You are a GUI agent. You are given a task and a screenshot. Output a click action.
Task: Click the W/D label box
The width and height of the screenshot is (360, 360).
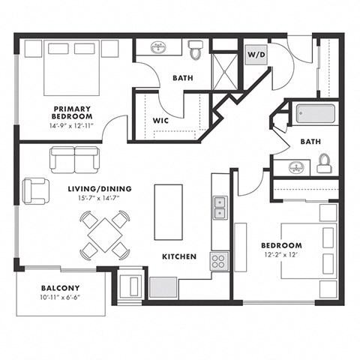point(255,55)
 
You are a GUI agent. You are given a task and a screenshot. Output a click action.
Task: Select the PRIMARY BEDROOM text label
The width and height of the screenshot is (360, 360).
point(73,112)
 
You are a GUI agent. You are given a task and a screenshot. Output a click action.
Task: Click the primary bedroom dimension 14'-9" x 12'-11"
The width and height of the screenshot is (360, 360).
point(73,126)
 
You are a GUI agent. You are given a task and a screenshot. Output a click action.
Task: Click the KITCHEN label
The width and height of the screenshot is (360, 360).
point(179,256)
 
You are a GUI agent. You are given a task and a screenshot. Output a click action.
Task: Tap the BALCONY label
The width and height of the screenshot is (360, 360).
point(60,287)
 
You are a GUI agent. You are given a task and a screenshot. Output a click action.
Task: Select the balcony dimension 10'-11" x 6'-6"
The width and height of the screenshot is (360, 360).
point(60,298)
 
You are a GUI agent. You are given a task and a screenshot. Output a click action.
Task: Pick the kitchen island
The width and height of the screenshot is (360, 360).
point(167,210)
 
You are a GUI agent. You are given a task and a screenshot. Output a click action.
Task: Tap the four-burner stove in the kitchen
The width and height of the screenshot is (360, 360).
point(218,261)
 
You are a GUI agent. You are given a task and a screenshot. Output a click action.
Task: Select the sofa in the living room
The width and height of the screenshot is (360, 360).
point(75,158)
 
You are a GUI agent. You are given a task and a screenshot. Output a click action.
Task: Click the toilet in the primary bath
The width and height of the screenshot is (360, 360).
point(196,50)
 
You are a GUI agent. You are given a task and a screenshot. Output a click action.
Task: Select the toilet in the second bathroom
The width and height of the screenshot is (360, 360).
point(324,164)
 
